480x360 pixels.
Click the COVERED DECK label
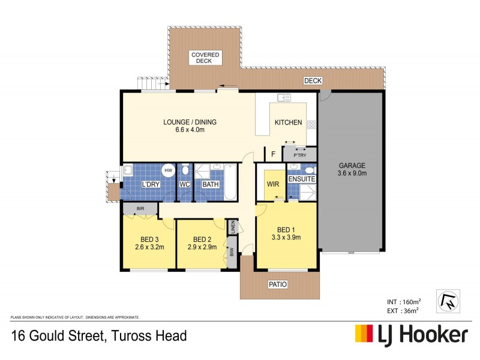click(x=205, y=58)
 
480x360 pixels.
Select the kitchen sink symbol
click(x=284, y=97)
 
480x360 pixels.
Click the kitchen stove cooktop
click(x=311, y=125)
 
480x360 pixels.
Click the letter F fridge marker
click(x=273, y=154)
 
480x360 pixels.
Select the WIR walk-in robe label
click(x=273, y=184)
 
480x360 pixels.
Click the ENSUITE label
click(x=301, y=179)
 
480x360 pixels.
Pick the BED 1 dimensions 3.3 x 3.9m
click(x=286, y=237)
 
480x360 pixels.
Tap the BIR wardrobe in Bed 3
click(x=140, y=209)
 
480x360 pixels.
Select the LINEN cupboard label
click(x=232, y=227)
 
